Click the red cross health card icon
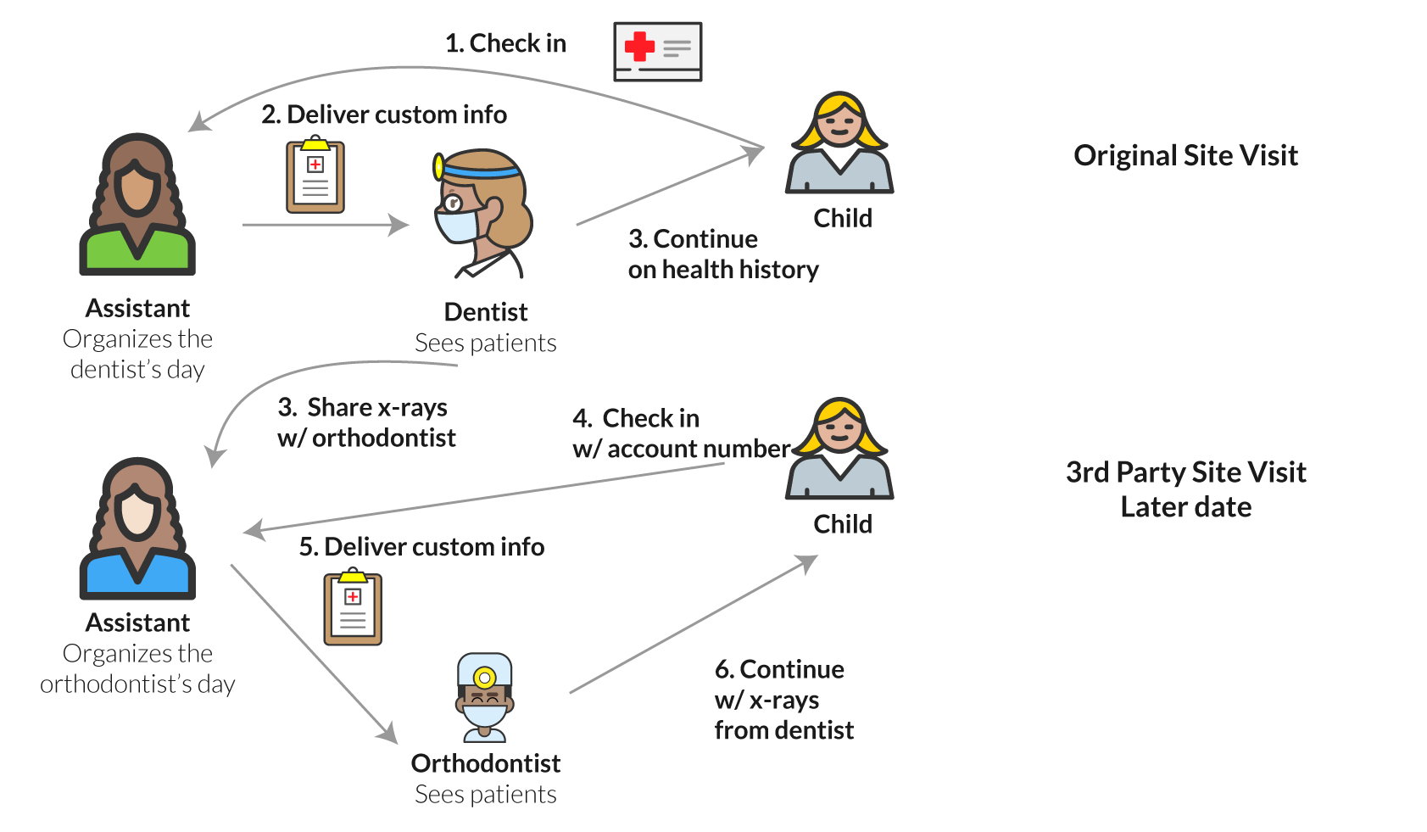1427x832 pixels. click(x=657, y=52)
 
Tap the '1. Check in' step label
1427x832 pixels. click(x=505, y=43)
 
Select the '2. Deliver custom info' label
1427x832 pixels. click(x=384, y=114)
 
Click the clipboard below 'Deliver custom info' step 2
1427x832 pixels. click(x=315, y=175)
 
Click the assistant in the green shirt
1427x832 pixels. click(x=137, y=205)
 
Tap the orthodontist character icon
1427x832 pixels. click(x=484, y=698)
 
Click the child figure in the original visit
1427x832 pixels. click(x=839, y=144)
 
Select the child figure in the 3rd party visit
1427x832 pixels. click(x=839, y=450)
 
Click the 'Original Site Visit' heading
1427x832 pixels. click(x=1185, y=156)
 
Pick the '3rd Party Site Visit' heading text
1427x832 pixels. click(x=1185, y=472)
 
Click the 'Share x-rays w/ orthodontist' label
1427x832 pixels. click(x=366, y=422)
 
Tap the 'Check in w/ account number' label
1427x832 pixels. click(x=681, y=433)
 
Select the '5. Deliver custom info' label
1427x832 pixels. click(x=421, y=547)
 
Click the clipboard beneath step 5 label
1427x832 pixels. click(x=353, y=608)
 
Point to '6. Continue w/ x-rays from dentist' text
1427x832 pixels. click(x=783, y=700)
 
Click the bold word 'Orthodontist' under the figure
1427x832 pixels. click(x=486, y=763)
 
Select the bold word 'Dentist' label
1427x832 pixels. click(x=486, y=312)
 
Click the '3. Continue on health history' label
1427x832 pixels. click(x=723, y=254)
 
